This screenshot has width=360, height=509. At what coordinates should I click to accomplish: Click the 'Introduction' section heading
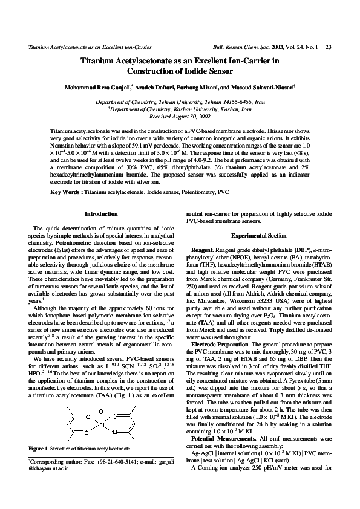[x=101, y=214]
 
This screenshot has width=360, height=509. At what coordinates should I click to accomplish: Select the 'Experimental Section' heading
[x=258, y=235]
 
